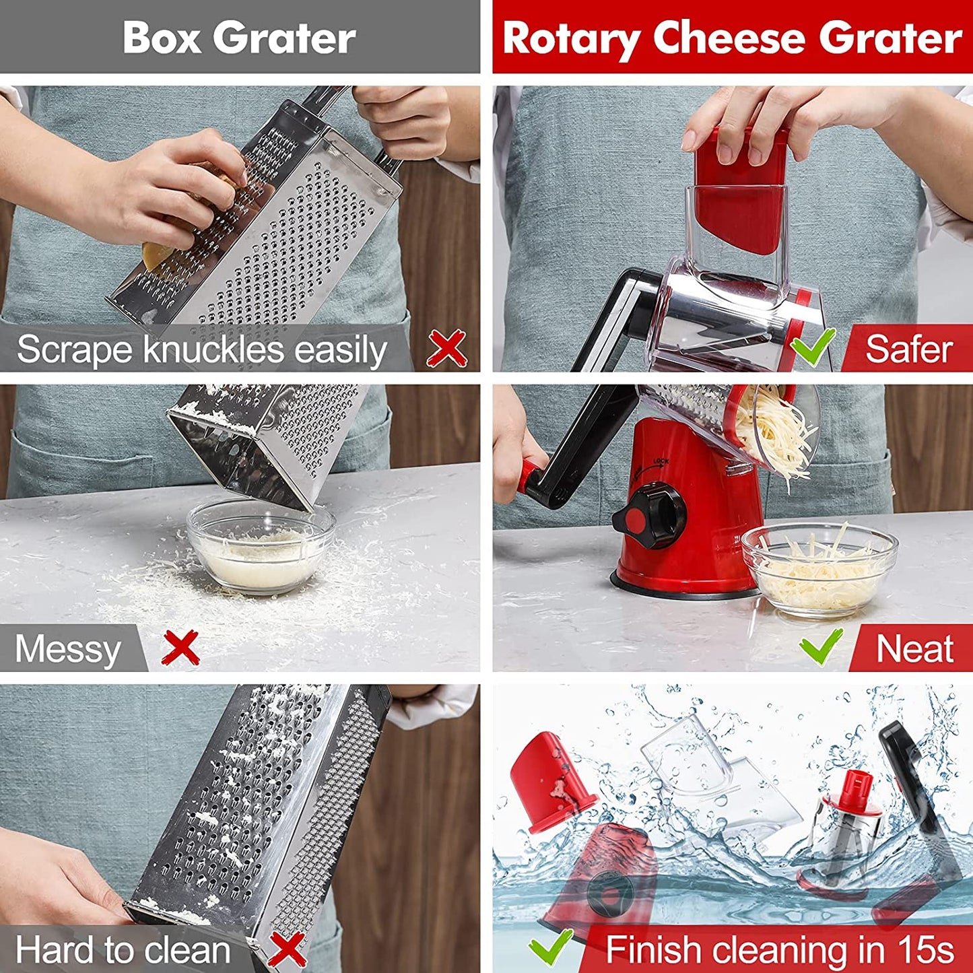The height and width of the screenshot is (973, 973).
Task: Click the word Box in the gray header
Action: (162, 38)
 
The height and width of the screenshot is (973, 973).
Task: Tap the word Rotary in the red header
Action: (572, 38)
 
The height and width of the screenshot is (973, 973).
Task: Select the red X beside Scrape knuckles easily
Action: (447, 348)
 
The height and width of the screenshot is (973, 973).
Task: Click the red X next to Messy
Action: (181, 648)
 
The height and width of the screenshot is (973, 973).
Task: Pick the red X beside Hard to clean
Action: (287, 949)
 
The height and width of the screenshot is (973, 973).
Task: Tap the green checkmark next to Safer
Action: (813, 347)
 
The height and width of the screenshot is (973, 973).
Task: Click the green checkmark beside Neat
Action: (821, 647)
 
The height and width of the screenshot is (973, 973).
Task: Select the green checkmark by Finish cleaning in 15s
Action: (550, 947)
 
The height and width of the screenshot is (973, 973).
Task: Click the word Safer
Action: (909, 349)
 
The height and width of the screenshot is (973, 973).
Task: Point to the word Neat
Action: (914, 649)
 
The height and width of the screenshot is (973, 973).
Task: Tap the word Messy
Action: (68, 650)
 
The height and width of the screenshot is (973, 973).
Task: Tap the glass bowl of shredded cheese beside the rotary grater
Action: (819, 569)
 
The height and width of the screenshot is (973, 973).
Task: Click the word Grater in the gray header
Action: (288, 38)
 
